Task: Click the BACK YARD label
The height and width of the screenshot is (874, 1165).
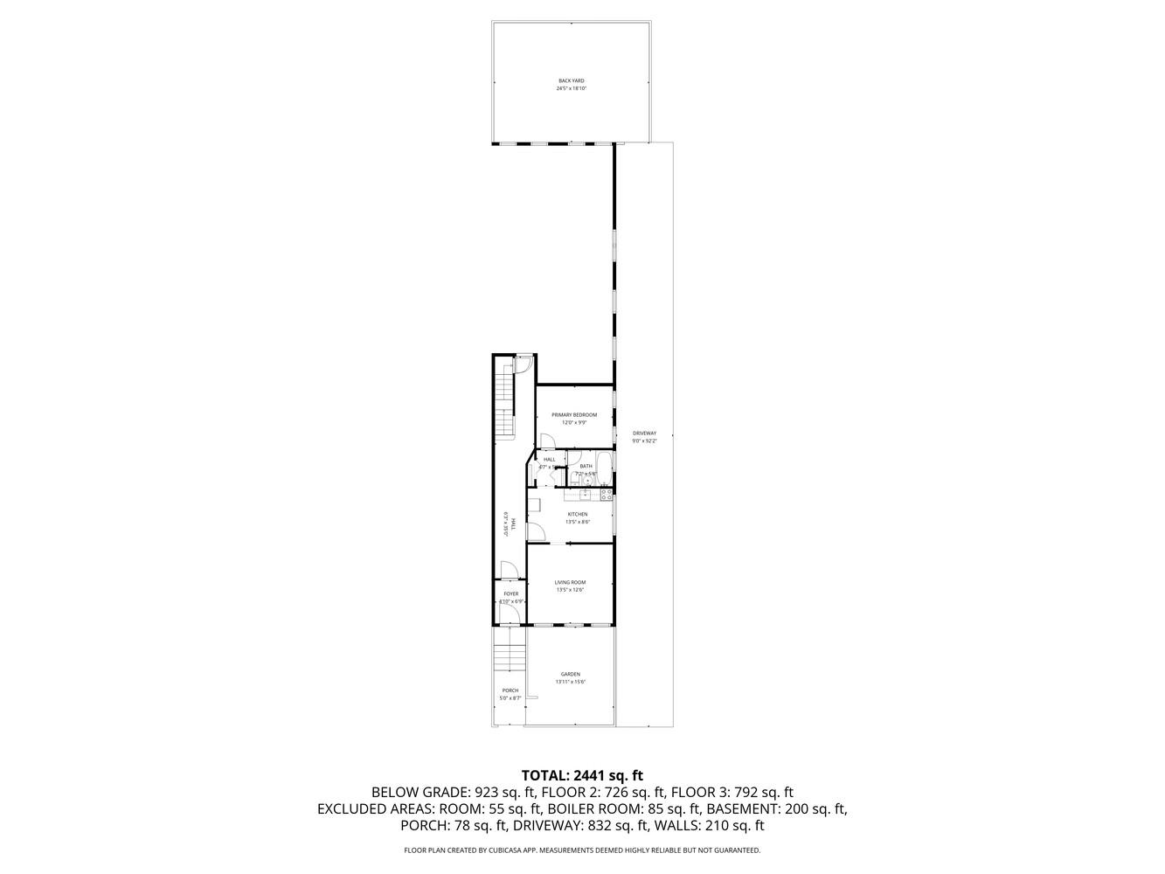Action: tap(571, 80)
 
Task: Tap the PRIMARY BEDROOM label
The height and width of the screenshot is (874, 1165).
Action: tap(574, 414)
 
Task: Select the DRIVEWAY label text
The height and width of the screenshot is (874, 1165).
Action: tap(644, 434)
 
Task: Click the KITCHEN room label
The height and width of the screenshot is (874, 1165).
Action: tap(578, 514)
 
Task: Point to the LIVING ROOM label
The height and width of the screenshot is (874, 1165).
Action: tap(570, 582)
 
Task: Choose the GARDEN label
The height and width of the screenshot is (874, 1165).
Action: tap(571, 674)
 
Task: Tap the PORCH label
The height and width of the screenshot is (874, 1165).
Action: tap(510, 690)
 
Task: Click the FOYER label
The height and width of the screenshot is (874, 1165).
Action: tap(510, 593)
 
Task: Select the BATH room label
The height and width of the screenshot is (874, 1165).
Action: tap(586, 466)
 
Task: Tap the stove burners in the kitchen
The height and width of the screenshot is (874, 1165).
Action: tap(606, 495)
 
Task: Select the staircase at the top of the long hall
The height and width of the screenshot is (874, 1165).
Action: tap(505, 402)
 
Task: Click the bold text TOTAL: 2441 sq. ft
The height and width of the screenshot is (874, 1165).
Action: tap(582, 774)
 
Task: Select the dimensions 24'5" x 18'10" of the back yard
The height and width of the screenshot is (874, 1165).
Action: tap(571, 88)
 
